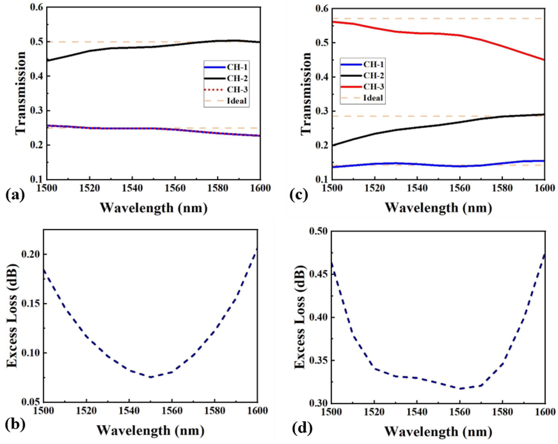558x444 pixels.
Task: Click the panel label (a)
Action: tap(15, 195)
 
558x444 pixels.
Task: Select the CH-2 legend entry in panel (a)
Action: tap(237, 78)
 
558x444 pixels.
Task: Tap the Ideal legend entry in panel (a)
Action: tap(237, 101)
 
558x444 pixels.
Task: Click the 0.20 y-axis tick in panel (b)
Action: tap(31, 254)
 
